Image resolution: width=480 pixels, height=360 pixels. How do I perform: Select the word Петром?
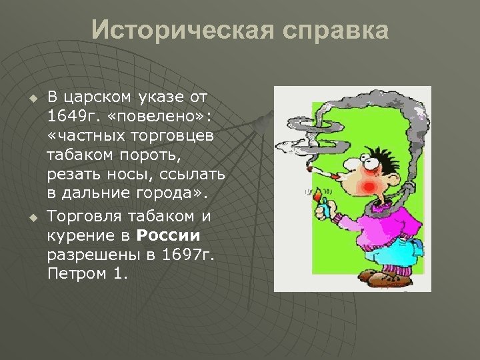coord(75,275)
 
